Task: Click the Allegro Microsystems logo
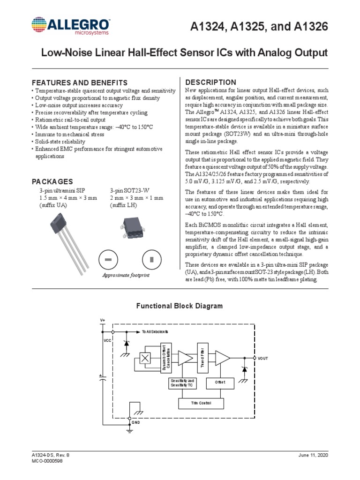pos(71,26)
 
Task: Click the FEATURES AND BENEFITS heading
pos(79,82)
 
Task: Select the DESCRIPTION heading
pos(211,82)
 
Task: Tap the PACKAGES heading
pos(52,181)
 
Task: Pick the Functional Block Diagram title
pos(180,306)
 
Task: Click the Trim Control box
pos(202,403)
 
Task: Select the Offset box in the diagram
pos(220,382)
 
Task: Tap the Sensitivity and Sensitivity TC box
pos(183,382)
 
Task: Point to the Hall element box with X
pos(145,358)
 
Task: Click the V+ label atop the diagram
pos(103,320)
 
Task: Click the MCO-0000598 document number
pos(47,461)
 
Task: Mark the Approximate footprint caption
pos(126,275)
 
